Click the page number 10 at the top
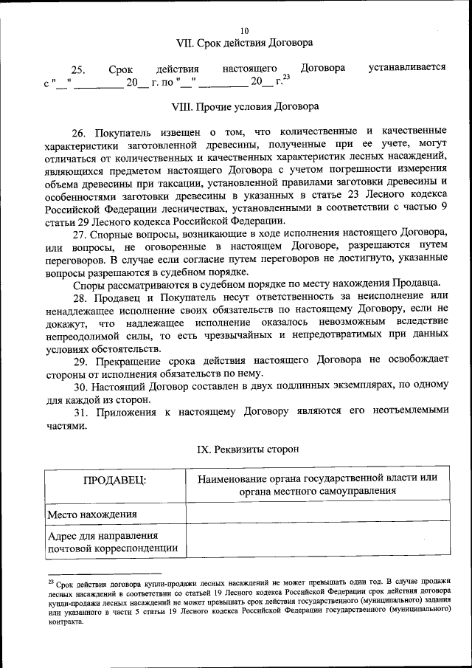coord(244,30)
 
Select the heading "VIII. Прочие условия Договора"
coord(244,106)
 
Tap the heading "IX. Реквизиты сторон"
coord(244,449)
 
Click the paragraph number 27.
coord(80,234)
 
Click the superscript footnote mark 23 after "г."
coord(286,77)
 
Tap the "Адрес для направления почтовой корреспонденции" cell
coord(112,541)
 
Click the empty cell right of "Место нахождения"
coord(317,514)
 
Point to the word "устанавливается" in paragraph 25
coord(407,69)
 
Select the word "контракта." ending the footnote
coord(67,621)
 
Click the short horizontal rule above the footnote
coord(104,572)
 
